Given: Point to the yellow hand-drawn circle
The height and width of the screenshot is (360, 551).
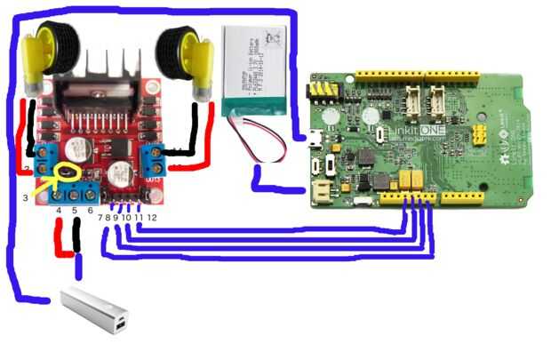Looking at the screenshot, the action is click(65, 173).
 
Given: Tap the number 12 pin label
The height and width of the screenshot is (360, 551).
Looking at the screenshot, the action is click(152, 217).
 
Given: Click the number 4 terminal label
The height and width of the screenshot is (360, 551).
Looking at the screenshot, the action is click(59, 211).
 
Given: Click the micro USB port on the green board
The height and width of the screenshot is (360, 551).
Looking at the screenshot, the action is click(315, 139).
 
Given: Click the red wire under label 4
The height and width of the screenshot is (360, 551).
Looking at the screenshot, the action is click(60, 238).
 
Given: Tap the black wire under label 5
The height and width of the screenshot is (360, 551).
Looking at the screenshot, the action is click(77, 238).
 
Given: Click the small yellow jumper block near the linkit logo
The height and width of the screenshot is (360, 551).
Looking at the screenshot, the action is click(481, 133).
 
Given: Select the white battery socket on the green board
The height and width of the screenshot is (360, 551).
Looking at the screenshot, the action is click(321, 189).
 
